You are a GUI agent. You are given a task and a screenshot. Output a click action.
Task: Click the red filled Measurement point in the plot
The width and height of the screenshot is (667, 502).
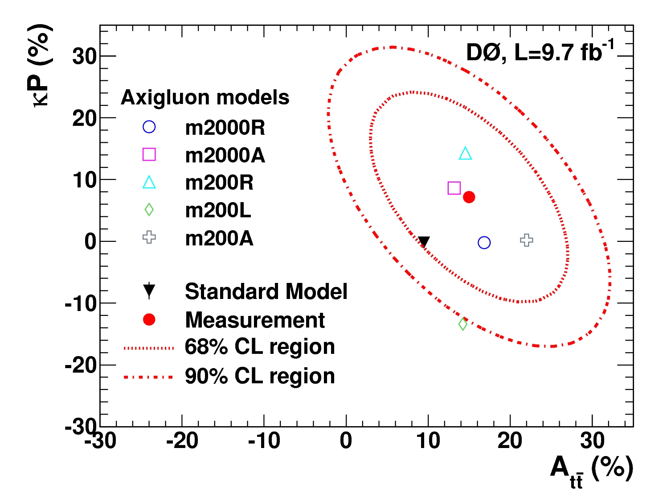[x=469, y=197]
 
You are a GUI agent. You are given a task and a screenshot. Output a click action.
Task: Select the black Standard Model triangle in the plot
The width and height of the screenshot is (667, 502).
[x=424, y=242]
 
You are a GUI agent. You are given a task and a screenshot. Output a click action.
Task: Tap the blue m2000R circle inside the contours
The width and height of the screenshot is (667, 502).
[x=484, y=243]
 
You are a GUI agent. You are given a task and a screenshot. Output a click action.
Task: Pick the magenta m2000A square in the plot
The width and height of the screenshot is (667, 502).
[x=454, y=188]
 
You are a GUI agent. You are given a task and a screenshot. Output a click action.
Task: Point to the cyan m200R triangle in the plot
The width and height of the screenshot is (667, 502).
[x=465, y=154]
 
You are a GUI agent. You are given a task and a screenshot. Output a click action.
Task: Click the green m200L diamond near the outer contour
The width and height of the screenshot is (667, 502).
[x=463, y=324]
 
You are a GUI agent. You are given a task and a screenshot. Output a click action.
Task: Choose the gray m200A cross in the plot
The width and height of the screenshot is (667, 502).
[x=527, y=240]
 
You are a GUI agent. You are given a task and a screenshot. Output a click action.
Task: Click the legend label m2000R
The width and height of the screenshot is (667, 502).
[x=225, y=128]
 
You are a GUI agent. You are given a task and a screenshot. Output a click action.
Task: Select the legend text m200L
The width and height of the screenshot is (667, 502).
[x=218, y=210]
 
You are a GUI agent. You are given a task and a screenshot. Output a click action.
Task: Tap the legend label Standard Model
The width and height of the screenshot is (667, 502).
[x=266, y=292]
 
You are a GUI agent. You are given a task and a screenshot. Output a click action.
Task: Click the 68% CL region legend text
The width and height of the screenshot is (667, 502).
[x=260, y=347]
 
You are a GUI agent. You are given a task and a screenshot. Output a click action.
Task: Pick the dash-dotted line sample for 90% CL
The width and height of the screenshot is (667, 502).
[x=148, y=377]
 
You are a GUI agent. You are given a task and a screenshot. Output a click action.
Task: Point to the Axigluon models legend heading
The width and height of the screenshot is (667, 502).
[x=205, y=97]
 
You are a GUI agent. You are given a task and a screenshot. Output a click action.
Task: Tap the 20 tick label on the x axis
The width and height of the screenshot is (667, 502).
[x=510, y=441]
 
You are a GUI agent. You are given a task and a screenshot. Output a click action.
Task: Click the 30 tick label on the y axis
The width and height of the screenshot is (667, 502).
[x=84, y=56]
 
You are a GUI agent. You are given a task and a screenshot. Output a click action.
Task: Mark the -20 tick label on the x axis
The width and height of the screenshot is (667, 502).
[x=182, y=441]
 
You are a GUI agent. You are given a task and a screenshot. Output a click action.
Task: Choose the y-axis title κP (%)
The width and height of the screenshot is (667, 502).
[x=39, y=66]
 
